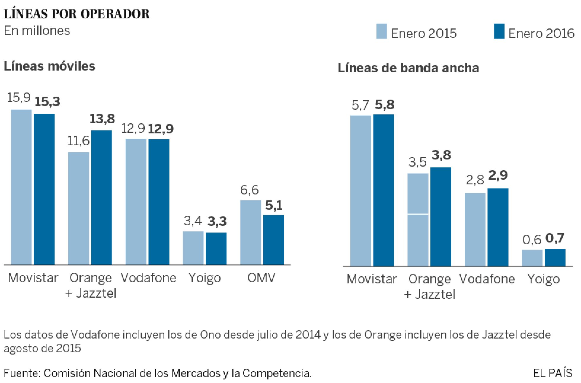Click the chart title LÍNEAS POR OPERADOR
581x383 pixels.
[x=76, y=14]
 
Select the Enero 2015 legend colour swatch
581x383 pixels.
[x=382, y=31]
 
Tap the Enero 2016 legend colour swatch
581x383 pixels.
[x=499, y=31]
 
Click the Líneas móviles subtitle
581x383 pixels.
[x=49, y=66]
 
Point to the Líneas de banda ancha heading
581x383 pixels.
[x=408, y=68]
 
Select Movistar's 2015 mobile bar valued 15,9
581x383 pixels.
[x=21, y=187]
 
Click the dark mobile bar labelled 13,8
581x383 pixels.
[x=101, y=197]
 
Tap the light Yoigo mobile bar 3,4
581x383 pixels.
[x=193, y=248]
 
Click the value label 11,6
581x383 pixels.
[x=78, y=141]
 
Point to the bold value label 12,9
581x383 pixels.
[x=161, y=129]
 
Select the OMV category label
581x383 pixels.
[x=261, y=278]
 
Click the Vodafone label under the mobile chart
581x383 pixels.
[x=148, y=278]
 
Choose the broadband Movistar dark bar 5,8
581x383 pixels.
[x=383, y=190]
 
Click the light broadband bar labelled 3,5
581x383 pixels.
[x=418, y=219]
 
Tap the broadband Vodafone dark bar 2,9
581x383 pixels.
[x=498, y=227]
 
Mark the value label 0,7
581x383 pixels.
[x=555, y=238]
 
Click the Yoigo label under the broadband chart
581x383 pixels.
[x=543, y=279]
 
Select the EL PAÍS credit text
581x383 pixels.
[x=553, y=373]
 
